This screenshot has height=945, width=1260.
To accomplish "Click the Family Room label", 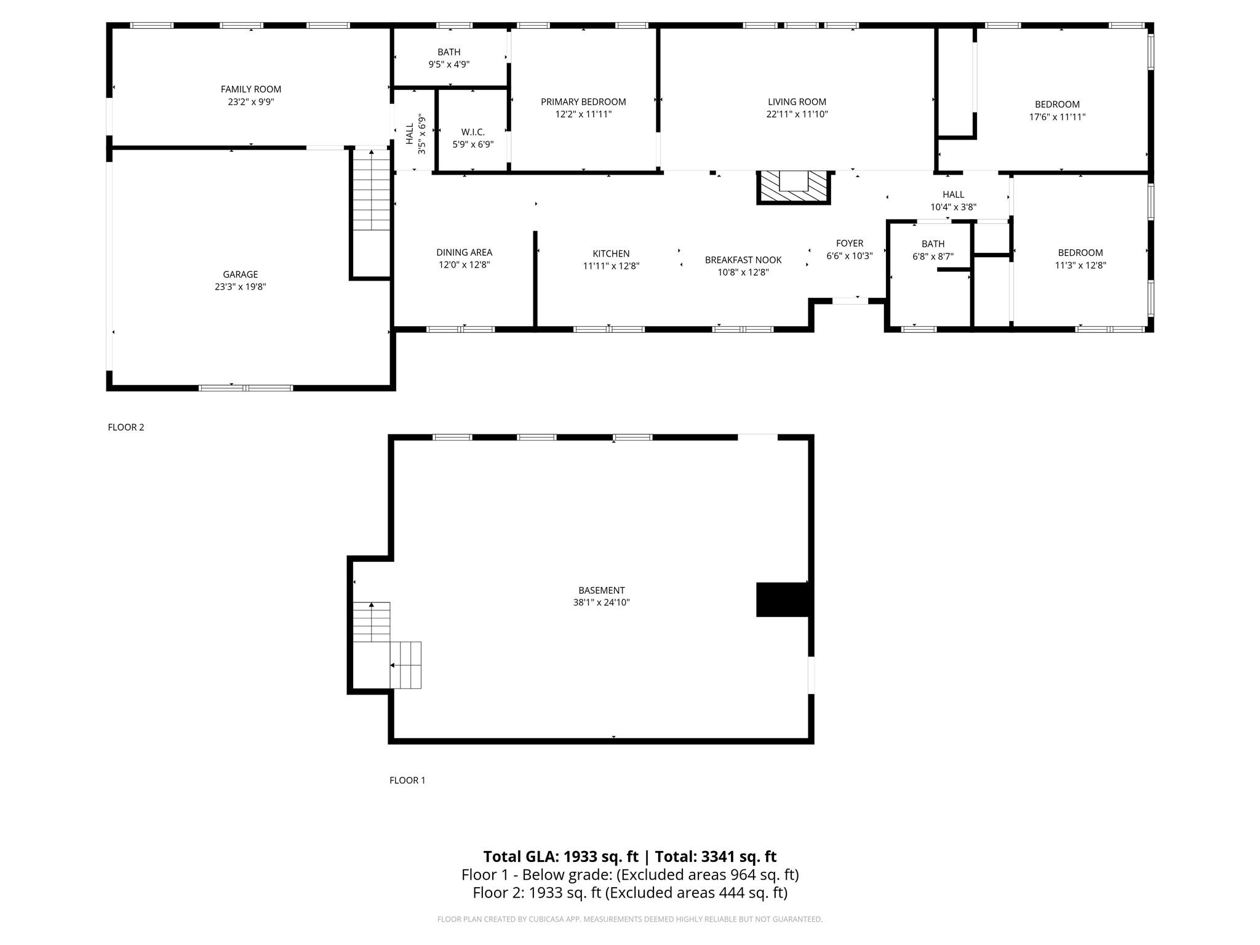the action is click(x=251, y=89).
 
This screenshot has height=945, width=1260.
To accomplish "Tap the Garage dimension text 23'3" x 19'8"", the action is click(x=241, y=287).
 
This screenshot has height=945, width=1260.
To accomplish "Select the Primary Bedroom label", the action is click(x=583, y=102).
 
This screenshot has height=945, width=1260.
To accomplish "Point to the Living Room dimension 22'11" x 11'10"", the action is click(x=797, y=114).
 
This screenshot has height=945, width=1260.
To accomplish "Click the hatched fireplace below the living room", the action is click(x=794, y=187).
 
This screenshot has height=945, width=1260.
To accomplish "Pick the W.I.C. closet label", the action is click(x=473, y=132).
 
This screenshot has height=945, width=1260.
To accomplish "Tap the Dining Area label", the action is click(x=465, y=252).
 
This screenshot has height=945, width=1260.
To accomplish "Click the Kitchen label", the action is click(x=611, y=253).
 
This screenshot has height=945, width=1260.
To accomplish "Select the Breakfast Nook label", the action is click(x=743, y=260).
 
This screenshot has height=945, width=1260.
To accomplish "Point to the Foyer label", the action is click(x=850, y=244).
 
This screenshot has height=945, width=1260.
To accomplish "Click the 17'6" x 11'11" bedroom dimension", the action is click(x=1058, y=117).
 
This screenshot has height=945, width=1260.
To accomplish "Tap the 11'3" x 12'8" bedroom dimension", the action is click(x=1081, y=265).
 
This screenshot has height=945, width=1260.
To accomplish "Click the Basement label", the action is click(x=602, y=591).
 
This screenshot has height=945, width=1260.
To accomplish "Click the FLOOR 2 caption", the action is click(x=126, y=428).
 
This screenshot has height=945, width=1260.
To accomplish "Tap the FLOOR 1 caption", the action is click(x=407, y=781).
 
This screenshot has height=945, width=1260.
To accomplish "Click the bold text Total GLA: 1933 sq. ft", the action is click(x=560, y=857).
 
